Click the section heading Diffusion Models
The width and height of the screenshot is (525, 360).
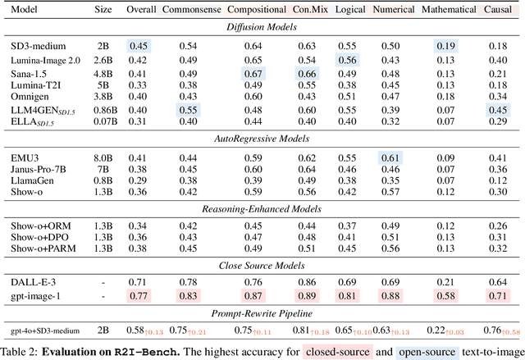point(262,27)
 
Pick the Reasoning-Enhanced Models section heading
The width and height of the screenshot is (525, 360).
point(262,202)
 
